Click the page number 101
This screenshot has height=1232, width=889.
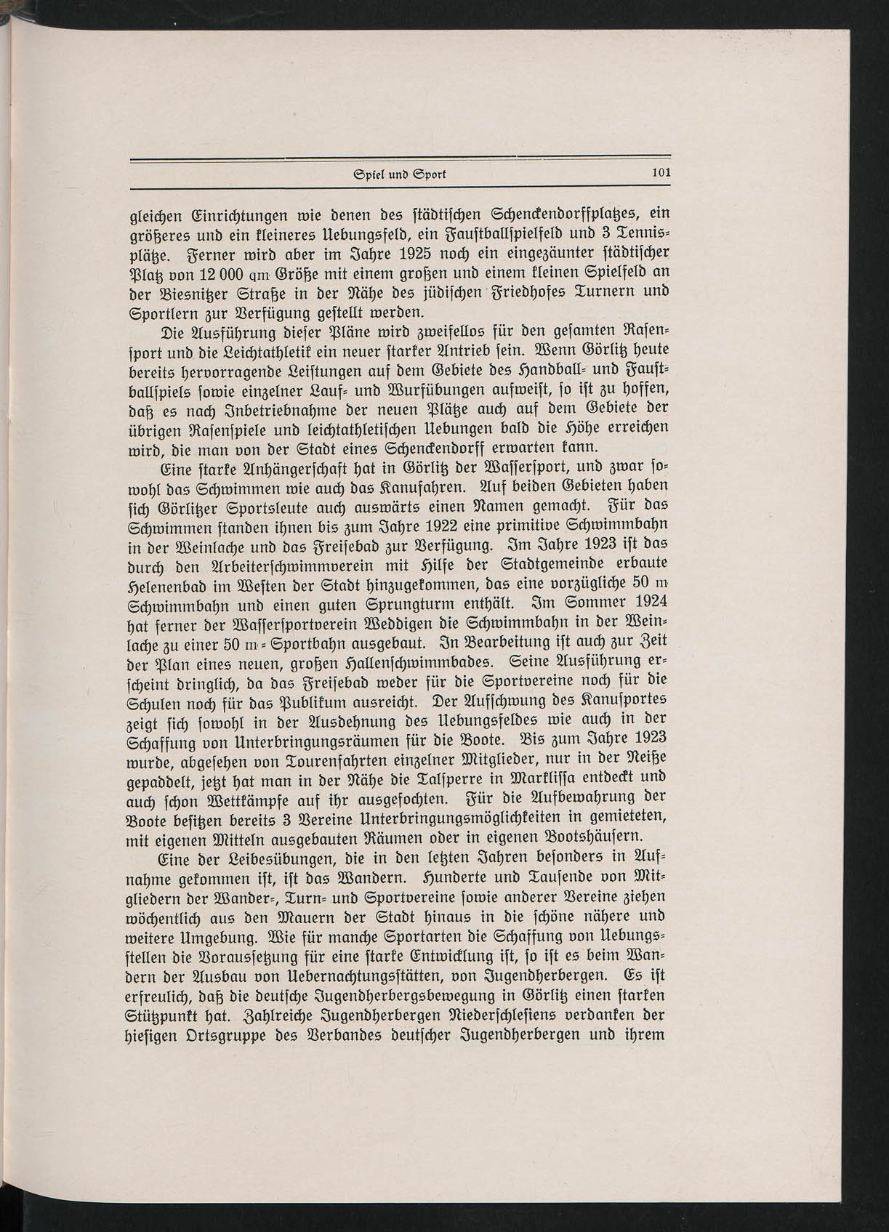660,174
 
